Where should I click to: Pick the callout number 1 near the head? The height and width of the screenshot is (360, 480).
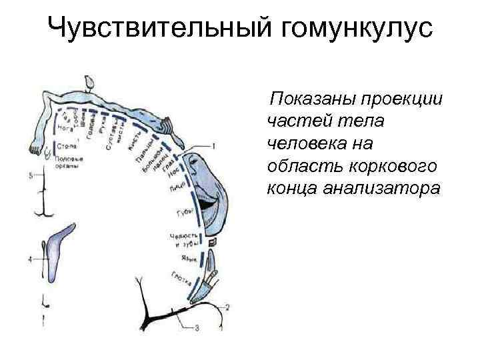point(213,145)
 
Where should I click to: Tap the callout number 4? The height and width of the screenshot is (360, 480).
point(30,259)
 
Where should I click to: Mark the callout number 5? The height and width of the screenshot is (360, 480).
point(30,176)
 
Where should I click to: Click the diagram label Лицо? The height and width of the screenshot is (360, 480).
point(177,189)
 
